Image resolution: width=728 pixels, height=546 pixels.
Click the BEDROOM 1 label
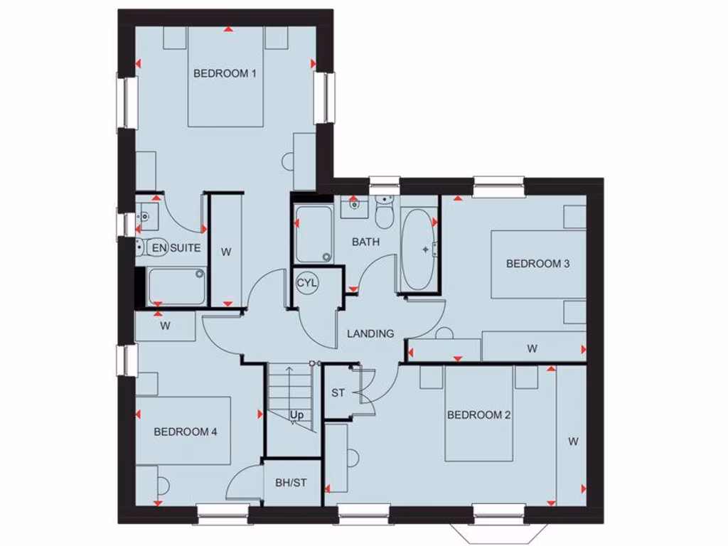225,73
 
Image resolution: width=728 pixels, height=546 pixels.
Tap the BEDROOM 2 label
478,415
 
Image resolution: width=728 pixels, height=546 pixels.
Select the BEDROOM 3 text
538,264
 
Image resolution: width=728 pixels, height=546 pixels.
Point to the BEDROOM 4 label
186,432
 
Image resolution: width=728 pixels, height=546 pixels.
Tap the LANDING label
370,333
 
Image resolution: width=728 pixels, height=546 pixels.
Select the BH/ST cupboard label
291,483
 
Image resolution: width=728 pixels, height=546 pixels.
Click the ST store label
338,393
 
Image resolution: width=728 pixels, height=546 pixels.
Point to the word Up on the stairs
297,414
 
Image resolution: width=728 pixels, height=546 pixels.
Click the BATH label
366,242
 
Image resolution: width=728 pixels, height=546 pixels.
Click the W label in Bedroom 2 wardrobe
573,441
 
